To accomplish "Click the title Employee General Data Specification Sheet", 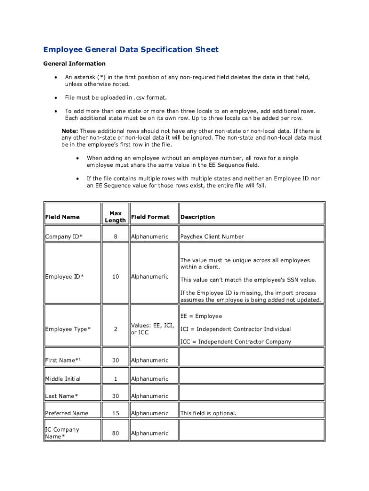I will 131,49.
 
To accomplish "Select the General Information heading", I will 74,63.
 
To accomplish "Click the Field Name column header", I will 62,217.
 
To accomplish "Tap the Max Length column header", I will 115,217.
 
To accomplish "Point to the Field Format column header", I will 150,217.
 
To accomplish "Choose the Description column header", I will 197,217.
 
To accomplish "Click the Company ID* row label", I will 64,236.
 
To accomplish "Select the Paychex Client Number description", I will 212,236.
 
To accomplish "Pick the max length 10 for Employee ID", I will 115,276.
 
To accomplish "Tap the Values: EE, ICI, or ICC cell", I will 152,329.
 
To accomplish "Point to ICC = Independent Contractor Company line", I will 235,342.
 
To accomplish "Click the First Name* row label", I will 63,360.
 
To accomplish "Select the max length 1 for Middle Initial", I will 115,379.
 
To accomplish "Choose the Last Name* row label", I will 62,396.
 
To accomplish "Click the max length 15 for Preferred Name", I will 115,413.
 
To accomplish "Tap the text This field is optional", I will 208,413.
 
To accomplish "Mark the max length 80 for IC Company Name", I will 115,433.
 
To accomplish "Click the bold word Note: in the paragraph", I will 70,131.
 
